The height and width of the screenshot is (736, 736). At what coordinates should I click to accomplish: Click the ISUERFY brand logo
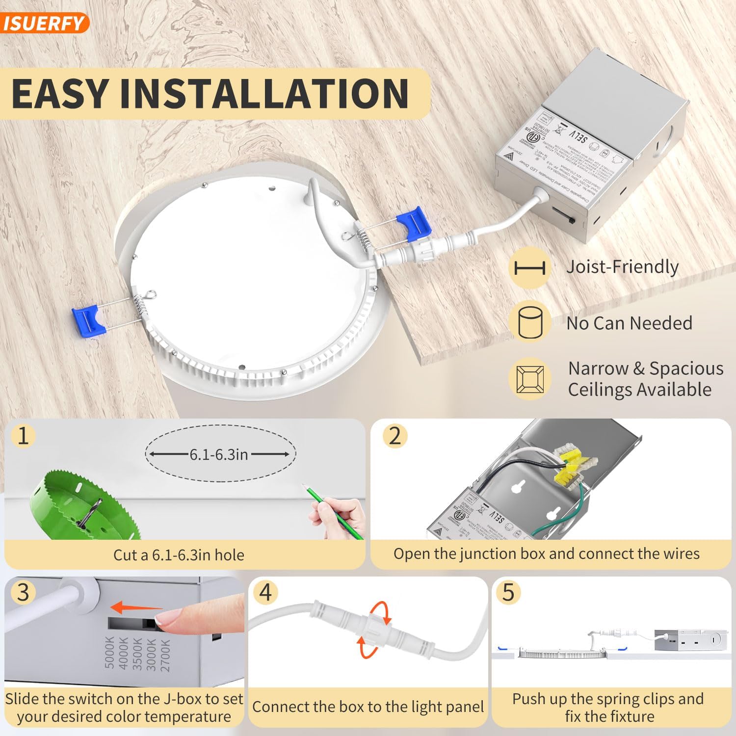coord(43,23)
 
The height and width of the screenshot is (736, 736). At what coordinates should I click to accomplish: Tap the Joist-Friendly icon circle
coord(530,268)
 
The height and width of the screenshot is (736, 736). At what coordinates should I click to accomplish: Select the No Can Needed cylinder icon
coord(530,322)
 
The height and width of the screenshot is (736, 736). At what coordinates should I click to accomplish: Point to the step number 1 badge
coord(23,436)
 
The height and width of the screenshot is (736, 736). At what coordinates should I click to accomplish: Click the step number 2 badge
coord(395,436)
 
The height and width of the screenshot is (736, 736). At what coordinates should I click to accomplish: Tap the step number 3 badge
coord(23,592)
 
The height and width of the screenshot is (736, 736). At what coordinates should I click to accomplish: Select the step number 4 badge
coord(265,592)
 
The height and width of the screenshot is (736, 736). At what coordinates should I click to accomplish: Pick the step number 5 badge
coord(508,592)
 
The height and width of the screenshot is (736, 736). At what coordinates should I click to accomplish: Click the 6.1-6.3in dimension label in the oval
coord(219,455)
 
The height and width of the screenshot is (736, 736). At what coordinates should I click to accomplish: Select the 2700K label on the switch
coord(165,655)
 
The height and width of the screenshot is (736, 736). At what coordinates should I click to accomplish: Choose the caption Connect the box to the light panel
coord(368,707)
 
